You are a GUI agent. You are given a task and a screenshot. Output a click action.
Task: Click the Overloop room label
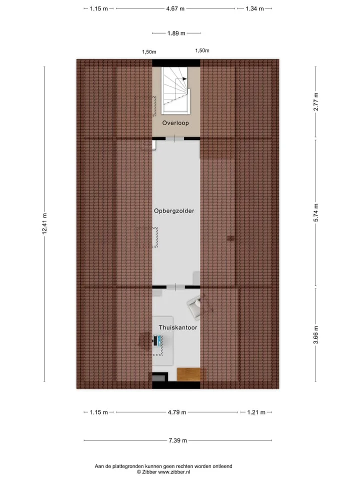click(x=175, y=123)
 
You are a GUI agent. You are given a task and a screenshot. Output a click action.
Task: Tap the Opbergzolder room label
click(x=174, y=210)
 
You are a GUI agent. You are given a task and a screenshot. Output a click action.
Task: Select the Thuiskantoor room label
click(x=178, y=327)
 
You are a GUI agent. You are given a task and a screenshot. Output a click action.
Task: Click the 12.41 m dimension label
click(x=44, y=224)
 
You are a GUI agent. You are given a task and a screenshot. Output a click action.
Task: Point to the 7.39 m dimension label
click(x=177, y=440)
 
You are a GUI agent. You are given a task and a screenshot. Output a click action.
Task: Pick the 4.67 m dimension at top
click(x=175, y=8)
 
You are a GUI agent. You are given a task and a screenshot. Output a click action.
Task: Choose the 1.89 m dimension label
click(x=176, y=33)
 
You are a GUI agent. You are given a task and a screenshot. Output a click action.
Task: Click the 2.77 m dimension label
click(x=315, y=101)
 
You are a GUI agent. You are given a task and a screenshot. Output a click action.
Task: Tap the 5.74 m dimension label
click(x=315, y=212)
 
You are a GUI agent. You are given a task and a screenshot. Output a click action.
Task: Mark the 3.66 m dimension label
click(x=315, y=335)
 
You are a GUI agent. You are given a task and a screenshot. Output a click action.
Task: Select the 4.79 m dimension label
click(x=177, y=412)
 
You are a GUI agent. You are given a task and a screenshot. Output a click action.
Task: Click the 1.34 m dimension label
click(x=254, y=8)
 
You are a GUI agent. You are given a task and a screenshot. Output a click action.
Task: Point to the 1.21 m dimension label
click(x=256, y=412)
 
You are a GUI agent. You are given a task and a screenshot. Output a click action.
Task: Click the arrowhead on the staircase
click(x=184, y=79)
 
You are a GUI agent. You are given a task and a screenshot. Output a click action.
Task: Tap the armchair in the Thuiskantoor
click(x=194, y=306)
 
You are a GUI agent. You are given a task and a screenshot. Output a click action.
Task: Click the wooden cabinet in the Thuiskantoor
click(x=189, y=374)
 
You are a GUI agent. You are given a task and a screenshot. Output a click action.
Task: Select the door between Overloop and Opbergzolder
click(x=175, y=138)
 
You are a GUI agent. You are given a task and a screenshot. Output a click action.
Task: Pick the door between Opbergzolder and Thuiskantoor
click(x=175, y=287)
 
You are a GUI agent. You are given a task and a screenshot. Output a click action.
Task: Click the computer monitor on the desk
click(x=159, y=340)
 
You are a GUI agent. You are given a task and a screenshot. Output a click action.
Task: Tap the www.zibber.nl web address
click(x=174, y=471)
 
